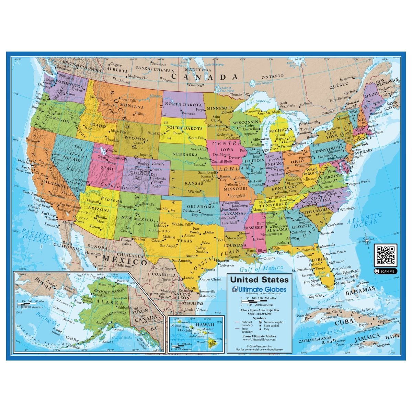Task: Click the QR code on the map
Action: click(385, 255)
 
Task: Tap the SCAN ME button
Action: click(385, 271)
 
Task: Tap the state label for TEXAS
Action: click(184, 241)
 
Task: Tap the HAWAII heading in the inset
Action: click(205, 324)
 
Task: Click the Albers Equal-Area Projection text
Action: click(259, 310)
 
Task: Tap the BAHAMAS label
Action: click(360, 293)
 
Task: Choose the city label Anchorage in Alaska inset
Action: click(103, 323)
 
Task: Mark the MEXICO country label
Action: click(125, 260)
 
